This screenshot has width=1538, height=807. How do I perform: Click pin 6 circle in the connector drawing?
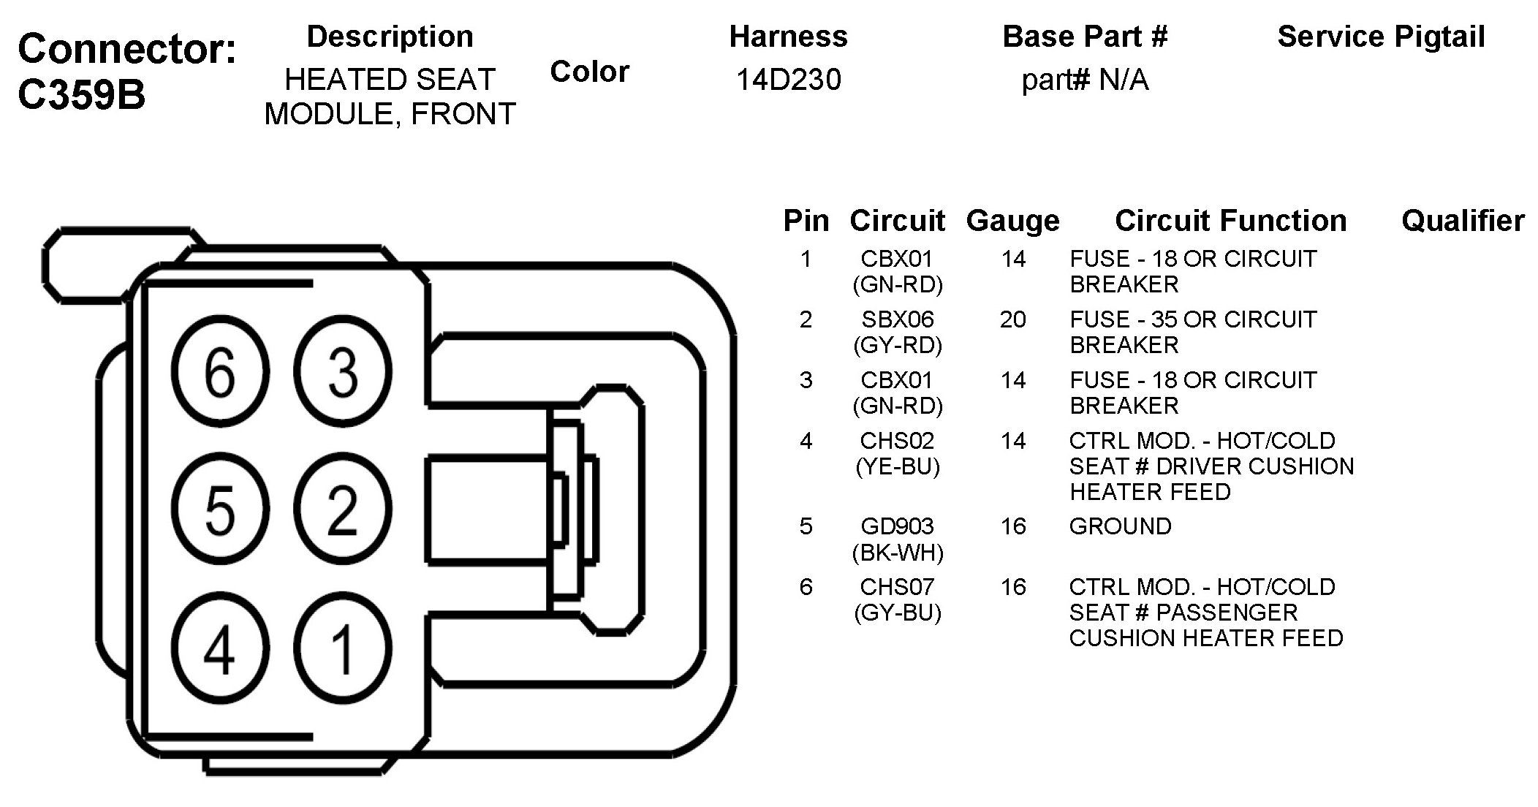[x=220, y=371]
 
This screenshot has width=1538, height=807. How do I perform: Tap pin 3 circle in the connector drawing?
[x=343, y=371]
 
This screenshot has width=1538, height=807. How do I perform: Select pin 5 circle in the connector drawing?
[x=220, y=509]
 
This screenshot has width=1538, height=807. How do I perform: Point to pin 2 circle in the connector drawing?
[x=343, y=509]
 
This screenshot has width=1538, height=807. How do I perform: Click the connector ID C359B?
[x=81, y=95]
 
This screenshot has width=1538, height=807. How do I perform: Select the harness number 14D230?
[x=788, y=79]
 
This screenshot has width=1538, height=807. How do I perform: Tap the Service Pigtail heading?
[x=1381, y=37]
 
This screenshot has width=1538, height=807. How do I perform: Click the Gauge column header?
[x=1012, y=221]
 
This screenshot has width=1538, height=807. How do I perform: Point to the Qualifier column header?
[x=1463, y=220]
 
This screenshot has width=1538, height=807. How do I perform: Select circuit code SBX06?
[x=898, y=319]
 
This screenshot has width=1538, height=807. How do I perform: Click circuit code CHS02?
[x=897, y=441]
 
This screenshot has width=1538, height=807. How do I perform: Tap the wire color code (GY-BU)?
[x=898, y=613]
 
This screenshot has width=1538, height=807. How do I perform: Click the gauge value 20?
[x=1013, y=319]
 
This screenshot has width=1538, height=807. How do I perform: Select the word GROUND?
[x=1120, y=526]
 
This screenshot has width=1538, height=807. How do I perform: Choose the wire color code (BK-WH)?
[x=898, y=553]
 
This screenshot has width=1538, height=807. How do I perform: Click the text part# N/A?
[x=1085, y=80]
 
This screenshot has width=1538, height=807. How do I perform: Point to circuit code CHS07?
[x=897, y=587]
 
